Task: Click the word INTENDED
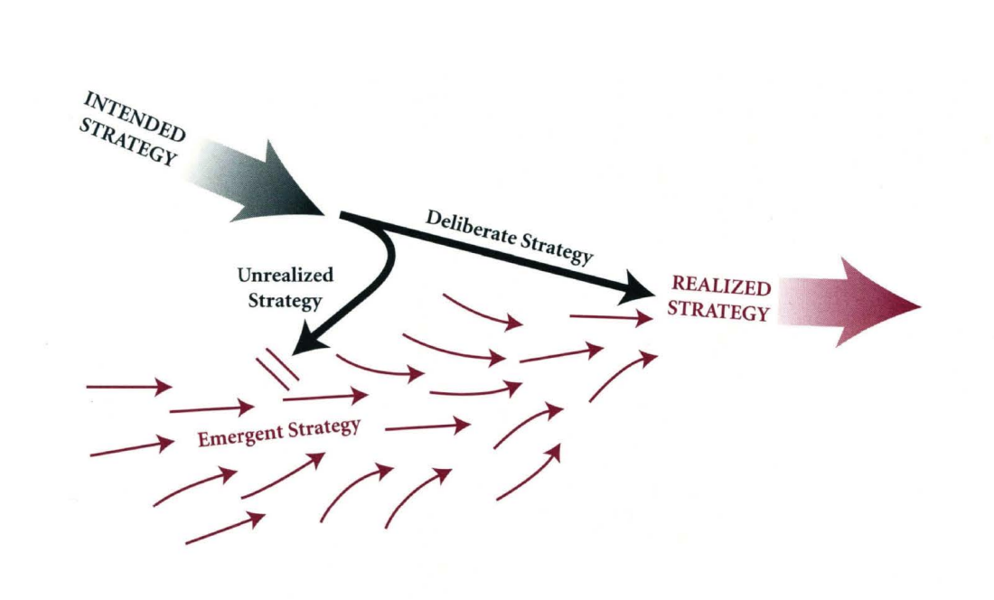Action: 136,115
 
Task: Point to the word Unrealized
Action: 285,276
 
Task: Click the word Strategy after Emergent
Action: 324,427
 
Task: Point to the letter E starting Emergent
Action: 202,441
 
